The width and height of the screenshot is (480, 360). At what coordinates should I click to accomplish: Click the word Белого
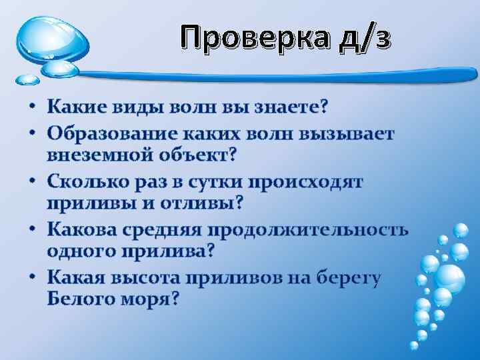[x=81, y=301]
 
